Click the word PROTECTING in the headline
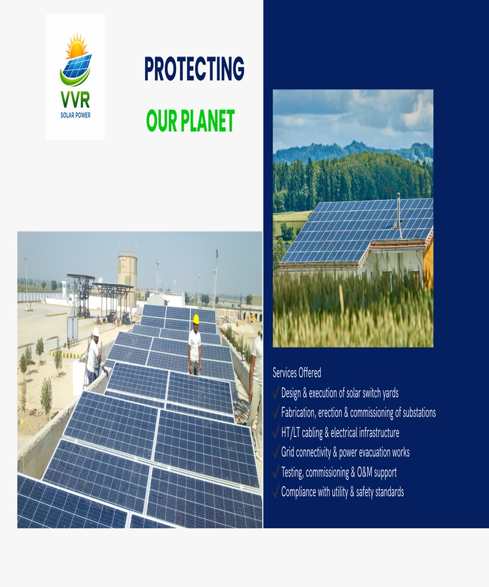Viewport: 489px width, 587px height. tap(194, 69)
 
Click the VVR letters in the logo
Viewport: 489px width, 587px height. tap(76, 100)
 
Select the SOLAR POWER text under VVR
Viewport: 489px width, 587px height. tap(76, 115)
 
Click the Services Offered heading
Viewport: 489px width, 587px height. tap(297, 373)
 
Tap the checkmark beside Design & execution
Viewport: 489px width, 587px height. tap(276, 392)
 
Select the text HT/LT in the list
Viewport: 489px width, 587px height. tap(292, 433)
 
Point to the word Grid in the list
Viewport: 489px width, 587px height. tap(289, 452)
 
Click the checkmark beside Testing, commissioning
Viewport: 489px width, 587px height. tap(276, 472)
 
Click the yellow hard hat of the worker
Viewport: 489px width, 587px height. tap(196, 319)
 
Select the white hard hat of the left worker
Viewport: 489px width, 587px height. tap(96, 330)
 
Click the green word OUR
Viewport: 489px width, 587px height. tap(161, 121)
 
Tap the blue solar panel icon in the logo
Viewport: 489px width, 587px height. tap(77, 67)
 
